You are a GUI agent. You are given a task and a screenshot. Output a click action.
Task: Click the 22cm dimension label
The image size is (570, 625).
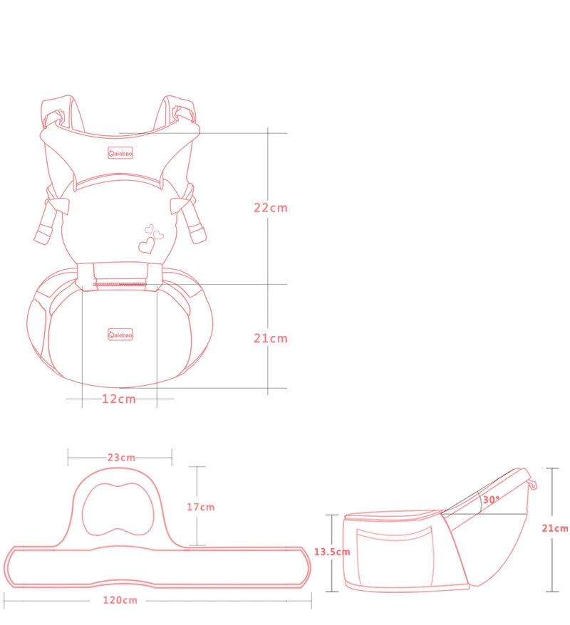pos(271,208)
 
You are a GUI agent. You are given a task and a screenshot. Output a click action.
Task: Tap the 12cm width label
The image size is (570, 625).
pos(119,399)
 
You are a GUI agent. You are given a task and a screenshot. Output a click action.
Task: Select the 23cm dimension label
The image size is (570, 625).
pos(121,457)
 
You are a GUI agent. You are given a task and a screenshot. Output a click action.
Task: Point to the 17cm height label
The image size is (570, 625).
pos(201,507)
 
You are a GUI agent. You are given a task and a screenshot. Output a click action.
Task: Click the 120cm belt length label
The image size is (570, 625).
pos(120,600)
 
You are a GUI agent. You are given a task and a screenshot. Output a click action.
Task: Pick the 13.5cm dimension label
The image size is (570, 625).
pos(332,552)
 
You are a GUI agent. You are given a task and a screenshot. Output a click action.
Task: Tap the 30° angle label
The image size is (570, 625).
pos(491,500)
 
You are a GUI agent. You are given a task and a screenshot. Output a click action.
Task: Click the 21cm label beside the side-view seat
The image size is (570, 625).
pos(555,528)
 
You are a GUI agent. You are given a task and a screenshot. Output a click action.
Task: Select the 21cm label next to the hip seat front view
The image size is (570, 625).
pos(271,338)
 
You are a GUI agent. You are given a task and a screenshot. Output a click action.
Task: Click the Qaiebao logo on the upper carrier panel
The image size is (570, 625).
pos(120,153)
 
